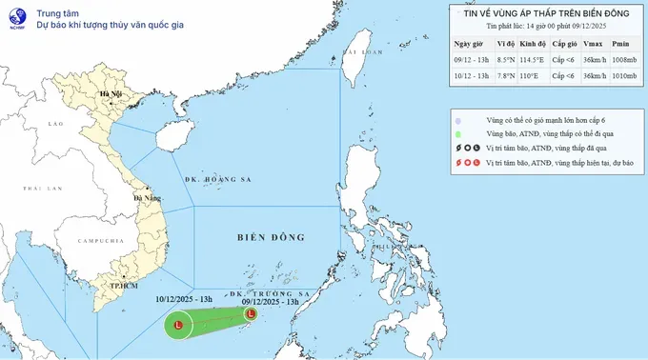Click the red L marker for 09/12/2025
pyautogui.click(x=251, y=312)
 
